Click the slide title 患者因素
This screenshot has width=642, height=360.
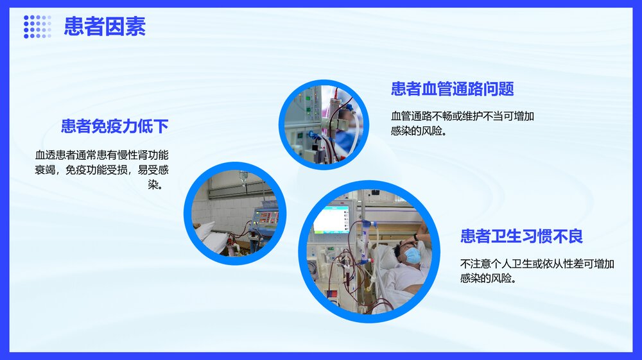(x=105, y=27)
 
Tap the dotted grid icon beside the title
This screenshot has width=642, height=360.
(x=37, y=27)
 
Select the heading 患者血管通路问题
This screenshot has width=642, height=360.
(x=453, y=89)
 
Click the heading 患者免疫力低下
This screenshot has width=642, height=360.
(x=115, y=126)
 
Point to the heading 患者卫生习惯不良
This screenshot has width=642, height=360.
(x=521, y=236)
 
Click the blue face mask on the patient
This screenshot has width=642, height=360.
(x=412, y=256)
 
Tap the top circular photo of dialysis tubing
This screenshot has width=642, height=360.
(x=324, y=124)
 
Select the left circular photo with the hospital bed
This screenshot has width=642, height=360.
(x=235, y=213)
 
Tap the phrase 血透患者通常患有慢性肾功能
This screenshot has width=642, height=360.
(x=102, y=155)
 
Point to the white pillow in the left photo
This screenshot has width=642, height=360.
(x=205, y=230)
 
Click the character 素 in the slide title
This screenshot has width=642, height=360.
(x=136, y=27)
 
